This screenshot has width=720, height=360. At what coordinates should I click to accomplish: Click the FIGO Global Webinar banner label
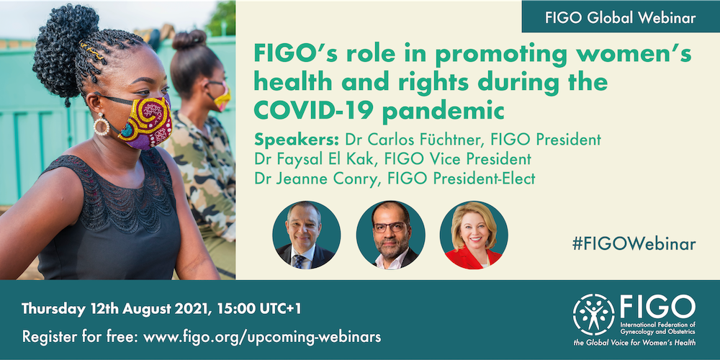(621, 17)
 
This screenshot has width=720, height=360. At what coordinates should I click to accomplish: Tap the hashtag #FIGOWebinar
(634, 244)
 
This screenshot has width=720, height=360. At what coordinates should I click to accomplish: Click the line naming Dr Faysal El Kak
(392, 159)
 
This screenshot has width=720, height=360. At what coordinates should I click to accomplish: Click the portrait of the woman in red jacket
(474, 235)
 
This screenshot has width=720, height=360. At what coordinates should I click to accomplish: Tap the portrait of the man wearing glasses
(390, 235)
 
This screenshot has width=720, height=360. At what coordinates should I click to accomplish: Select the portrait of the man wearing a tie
(306, 235)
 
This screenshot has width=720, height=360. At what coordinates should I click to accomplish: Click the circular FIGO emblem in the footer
(593, 315)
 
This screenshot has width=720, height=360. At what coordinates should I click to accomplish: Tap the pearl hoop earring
(102, 124)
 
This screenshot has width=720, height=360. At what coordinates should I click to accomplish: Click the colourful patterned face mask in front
(145, 122)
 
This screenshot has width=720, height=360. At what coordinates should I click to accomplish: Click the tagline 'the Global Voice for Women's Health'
(634, 343)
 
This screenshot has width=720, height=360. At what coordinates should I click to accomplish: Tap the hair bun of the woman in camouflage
(189, 40)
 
